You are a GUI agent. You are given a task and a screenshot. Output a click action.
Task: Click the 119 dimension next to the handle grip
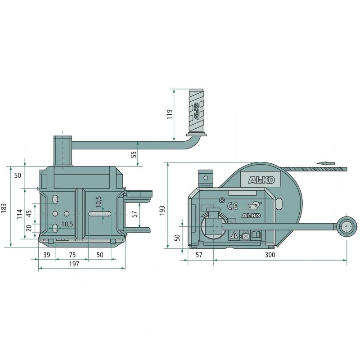click(x=170, y=114)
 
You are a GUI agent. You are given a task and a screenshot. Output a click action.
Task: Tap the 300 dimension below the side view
click(x=270, y=255)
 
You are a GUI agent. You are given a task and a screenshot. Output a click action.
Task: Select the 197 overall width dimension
click(x=74, y=264)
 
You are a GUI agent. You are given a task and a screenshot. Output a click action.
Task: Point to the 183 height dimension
click(x=4, y=208)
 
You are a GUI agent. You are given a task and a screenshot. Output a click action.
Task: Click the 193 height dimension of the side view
click(x=162, y=211)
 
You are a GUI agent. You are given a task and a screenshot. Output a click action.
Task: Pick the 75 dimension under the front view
click(x=72, y=255)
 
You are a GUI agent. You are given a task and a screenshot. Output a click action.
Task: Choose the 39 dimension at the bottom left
click(x=47, y=255)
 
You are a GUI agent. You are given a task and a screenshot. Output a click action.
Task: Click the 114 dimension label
click(x=20, y=214)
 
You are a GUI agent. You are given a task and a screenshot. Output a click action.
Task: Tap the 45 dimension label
click(x=29, y=214)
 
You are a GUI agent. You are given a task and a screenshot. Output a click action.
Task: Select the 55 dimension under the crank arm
click(x=134, y=154)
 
